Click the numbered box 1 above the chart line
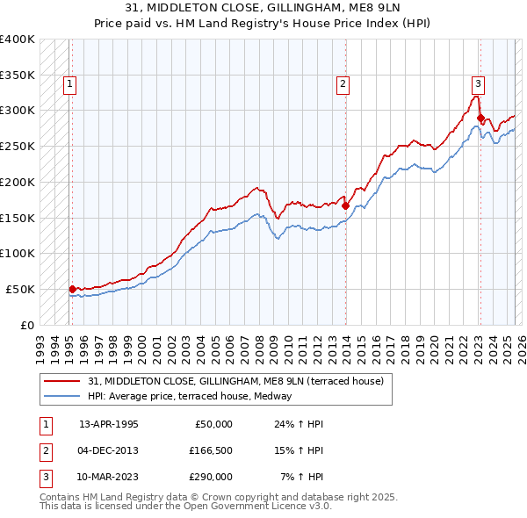69,84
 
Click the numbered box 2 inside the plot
342,84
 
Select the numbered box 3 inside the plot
478,84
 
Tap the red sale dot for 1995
72,288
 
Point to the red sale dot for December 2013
345,205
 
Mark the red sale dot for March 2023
480,117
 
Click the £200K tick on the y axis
18,182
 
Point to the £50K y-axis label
20,289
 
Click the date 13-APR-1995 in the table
108,424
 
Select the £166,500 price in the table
210,450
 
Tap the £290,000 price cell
210,477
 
